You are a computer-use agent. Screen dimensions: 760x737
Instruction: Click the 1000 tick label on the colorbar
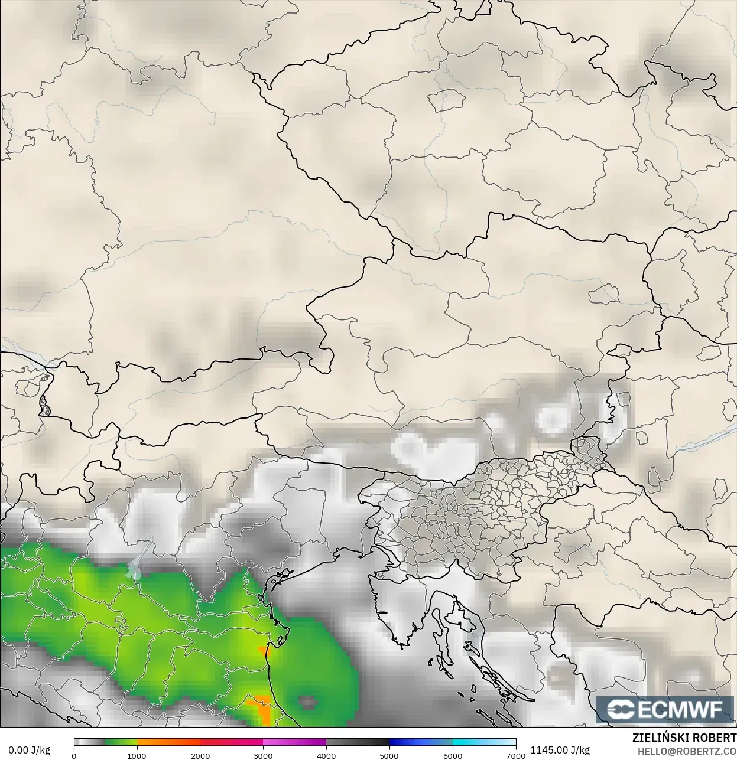137,755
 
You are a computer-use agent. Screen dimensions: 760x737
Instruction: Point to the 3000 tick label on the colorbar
263,755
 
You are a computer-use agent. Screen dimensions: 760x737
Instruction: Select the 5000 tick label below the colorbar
389,755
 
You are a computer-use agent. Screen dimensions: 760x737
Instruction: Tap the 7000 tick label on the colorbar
515,755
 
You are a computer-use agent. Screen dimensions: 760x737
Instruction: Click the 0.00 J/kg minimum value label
29,750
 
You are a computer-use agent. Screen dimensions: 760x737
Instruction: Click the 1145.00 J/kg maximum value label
559,750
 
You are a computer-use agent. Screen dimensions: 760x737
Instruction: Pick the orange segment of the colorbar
168,743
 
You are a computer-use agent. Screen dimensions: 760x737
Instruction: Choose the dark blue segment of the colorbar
421,743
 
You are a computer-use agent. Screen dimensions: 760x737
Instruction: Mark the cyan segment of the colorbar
484,743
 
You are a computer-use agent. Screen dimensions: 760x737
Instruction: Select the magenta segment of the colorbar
294,743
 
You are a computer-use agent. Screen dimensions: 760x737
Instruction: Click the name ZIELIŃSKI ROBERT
684,738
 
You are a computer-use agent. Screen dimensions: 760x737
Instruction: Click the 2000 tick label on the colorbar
200,755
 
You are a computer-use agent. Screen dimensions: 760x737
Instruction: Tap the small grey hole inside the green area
307,702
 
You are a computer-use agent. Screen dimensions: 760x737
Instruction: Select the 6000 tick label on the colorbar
452,755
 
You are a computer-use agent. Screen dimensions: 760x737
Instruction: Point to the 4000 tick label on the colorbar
326,755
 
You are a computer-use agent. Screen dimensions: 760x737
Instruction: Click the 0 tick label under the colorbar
74,755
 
